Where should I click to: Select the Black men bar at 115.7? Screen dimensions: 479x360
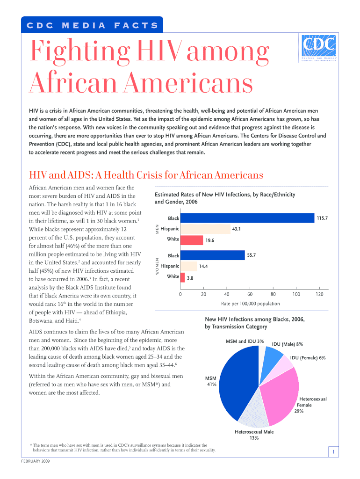[x=247, y=218]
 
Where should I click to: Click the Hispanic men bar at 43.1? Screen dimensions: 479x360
[x=205, y=229]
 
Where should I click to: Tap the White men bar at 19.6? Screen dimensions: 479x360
[x=192, y=240]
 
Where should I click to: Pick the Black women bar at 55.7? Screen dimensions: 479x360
[x=213, y=255]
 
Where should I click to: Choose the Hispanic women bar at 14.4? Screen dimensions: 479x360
[x=189, y=267]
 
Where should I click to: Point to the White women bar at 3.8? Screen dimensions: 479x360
[x=183, y=277]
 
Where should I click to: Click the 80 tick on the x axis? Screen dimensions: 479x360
[x=273, y=294]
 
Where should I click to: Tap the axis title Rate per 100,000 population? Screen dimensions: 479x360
[x=250, y=304]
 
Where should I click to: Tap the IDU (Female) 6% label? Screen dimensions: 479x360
[x=308, y=358]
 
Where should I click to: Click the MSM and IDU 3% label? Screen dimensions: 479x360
[x=245, y=341]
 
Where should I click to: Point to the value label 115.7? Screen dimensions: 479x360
[x=322, y=218]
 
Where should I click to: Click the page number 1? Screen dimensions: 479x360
[x=333, y=451]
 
